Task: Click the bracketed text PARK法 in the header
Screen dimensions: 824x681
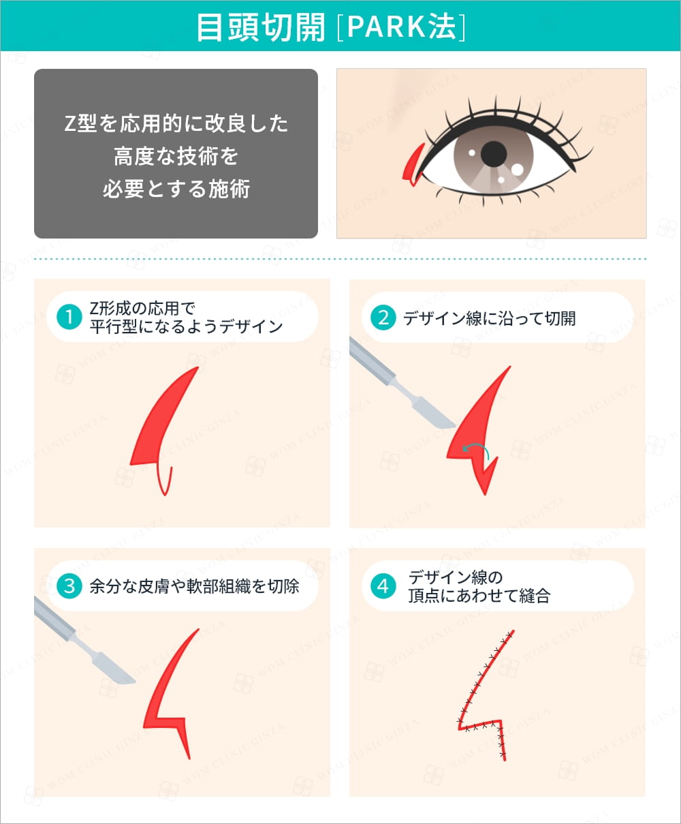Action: [x=402, y=27]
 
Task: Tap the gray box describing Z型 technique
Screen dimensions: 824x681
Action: [x=176, y=153]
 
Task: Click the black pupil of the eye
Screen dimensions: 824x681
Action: [x=493, y=154]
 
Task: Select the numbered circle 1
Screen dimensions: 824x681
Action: [x=69, y=317]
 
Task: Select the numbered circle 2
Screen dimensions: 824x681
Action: [x=383, y=317]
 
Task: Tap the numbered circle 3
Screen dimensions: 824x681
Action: [x=69, y=586]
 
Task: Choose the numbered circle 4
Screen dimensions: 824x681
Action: [x=383, y=586]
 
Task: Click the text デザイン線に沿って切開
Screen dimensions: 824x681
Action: [x=489, y=318]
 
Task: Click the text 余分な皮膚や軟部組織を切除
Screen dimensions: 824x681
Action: [x=194, y=586]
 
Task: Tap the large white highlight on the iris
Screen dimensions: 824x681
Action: [x=517, y=169]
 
